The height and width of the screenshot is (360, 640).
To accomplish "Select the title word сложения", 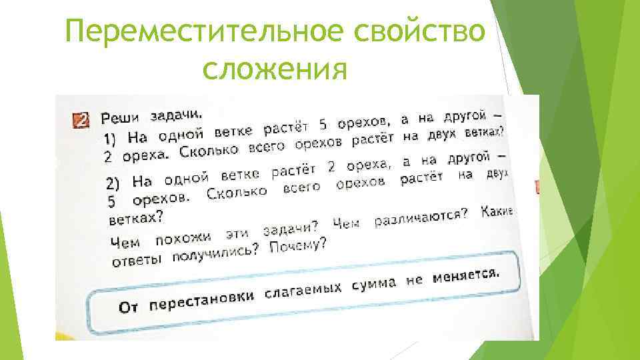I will (x=275, y=69).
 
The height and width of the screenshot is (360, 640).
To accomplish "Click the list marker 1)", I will (x=115, y=139).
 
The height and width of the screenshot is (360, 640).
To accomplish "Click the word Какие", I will (x=497, y=210).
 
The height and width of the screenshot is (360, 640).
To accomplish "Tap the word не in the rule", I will (x=414, y=281).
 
